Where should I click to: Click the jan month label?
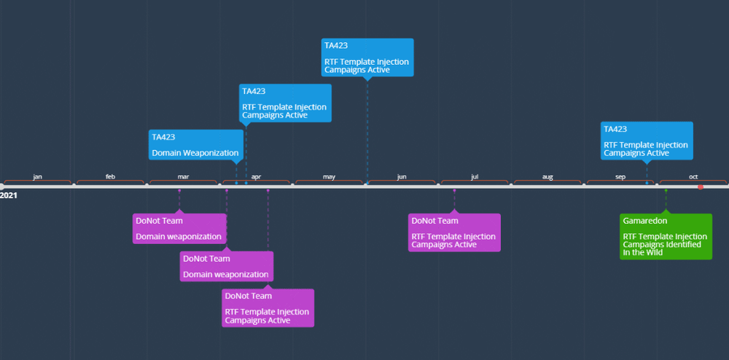[37, 177]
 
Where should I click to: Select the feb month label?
[110, 177]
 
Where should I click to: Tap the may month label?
[329, 177]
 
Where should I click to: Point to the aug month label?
[547, 177]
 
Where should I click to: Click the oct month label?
[693, 177]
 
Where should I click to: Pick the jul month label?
[475, 177]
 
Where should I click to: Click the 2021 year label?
[9, 195]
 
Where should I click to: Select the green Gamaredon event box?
[665, 236]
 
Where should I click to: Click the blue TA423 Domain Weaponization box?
[195, 145]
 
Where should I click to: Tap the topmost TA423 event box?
[367, 57]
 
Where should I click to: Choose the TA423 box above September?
[646, 141]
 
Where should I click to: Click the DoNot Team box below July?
[454, 232]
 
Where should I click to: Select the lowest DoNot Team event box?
[268, 308]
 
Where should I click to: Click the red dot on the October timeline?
[701, 187]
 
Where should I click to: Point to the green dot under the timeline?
[666, 191]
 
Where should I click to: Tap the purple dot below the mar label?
[179, 191]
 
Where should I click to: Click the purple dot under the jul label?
[454, 191]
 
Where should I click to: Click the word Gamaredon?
[645, 221]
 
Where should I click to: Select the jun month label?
[402, 177]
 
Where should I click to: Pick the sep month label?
[620, 177]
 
